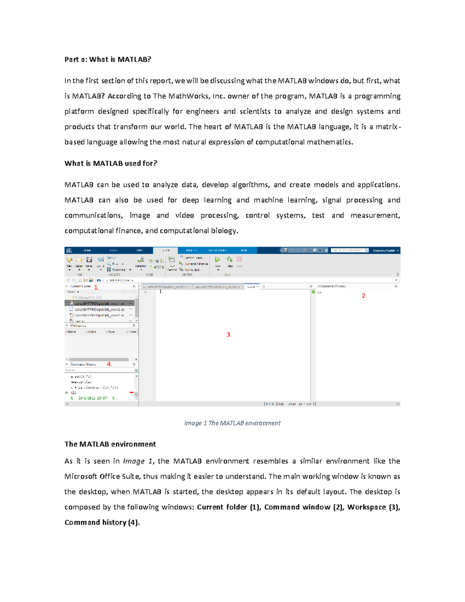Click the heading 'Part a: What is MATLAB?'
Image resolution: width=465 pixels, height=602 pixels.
[x=108, y=59]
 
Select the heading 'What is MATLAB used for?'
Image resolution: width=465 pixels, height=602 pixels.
[x=111, y=163]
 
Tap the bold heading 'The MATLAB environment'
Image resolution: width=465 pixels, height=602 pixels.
[x=110, y=444]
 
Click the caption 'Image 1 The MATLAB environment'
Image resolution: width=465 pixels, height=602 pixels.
[x=232, y=423]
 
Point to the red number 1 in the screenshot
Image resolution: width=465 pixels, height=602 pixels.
[x=96, y=288]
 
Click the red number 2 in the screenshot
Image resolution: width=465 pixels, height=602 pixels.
[x=364, y=296]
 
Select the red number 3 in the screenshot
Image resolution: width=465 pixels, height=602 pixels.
[x=229, y=335]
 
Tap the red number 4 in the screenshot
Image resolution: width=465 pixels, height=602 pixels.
[x=109, y=364]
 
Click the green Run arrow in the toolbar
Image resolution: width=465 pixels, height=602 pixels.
[x=218, y=259]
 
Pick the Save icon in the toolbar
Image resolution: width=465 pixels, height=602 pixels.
[x=89, y=260]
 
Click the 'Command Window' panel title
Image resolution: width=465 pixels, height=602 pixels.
[x=332, y=286]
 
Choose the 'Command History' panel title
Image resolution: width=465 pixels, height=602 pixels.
[x=83, y=364]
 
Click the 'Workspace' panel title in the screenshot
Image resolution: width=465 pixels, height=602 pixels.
[x=78, y=326]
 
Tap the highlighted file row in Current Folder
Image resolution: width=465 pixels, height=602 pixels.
[x=99, y=304]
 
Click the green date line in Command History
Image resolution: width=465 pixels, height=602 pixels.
[x=92, y=398]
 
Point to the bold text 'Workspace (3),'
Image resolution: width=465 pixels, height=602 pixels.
[x=374, y=507]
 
